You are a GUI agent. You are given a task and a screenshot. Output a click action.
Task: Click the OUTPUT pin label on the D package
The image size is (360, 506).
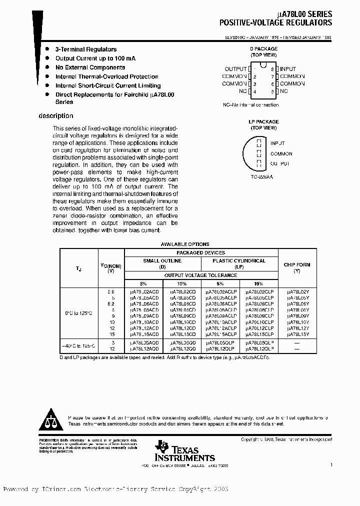pyautogui.click(x=235, y=69)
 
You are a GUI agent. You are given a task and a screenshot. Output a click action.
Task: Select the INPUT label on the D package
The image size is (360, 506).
pyautogui.click(x=288, y=69)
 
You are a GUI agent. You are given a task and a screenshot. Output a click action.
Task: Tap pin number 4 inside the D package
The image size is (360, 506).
pyautogui.click(x=255, y=91)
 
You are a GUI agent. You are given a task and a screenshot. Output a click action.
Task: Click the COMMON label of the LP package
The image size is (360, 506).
pyautogui.click(x=281, y=153)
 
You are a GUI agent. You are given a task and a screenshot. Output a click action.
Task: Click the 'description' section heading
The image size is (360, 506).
pyautogui.click(x=55, y=116)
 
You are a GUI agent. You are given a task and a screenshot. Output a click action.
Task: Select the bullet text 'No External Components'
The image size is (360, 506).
pyautogui.click(x=90, y=67)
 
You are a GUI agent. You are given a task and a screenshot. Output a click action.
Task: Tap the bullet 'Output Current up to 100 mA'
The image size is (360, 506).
pyautogui.click(x=95, y=58)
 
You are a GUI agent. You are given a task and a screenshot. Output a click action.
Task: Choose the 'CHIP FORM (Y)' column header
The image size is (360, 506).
pyautogui.click(x=297, y=267)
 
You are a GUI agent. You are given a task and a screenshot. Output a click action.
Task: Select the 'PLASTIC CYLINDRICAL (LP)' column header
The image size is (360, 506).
pyautogui.click(x=239, y=263)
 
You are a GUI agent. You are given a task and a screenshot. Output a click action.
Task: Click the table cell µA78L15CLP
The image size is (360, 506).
pyautogui.click(x=259, y=334)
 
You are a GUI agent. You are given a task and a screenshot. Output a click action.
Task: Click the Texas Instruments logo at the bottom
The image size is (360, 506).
pyautogui.click(x=184, y=451)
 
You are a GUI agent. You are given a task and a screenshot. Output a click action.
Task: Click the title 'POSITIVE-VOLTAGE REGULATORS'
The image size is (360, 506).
pyautogui.click(x=275, y=23)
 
